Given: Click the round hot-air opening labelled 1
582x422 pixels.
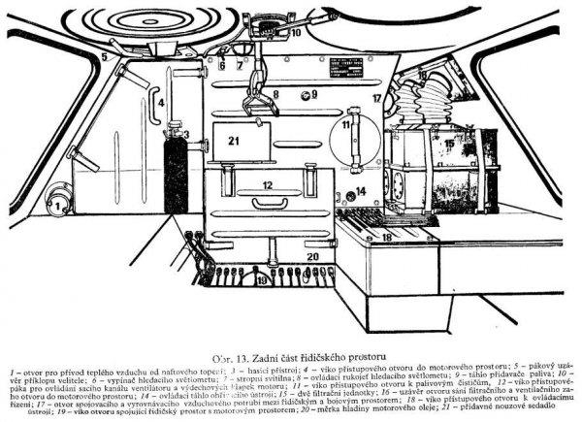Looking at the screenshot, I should coord(57,206).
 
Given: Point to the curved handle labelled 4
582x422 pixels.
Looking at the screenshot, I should coord(153,96).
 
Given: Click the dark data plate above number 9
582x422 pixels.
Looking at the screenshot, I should coord(345,75).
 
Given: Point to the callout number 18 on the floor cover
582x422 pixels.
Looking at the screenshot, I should coord(386,236).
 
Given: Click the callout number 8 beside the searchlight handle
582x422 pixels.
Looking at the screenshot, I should coord(275,95).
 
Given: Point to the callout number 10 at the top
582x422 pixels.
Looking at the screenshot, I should coord(296,31).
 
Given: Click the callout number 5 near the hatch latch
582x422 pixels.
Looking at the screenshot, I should coord(101,58).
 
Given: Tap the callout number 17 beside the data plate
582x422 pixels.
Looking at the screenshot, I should coord(376,99).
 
